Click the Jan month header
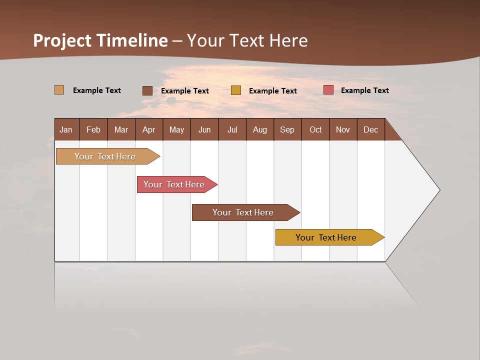point(66,129)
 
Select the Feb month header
point(93,129)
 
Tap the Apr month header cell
point(148,129)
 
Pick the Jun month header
point(204,129)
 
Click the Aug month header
point(259,129)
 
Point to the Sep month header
point(287,129)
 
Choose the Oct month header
point(315,129)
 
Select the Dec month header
point(370,129)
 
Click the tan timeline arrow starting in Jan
point(105,156)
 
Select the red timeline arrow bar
point(174,184)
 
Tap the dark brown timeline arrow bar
point(243,212)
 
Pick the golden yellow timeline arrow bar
point(326,237)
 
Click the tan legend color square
point(59,90)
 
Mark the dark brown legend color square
point(147,90)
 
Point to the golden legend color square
point(235,90)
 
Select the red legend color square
point(328,90)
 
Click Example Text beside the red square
point(364,90)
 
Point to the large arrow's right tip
point(438,190)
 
